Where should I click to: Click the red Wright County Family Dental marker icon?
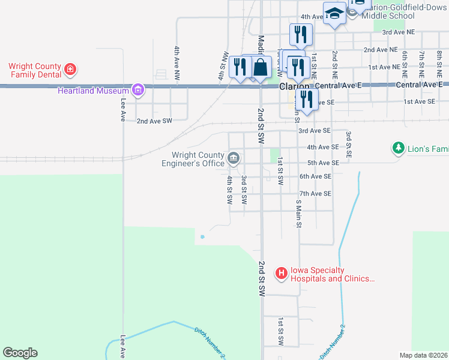click(x=70, y=69)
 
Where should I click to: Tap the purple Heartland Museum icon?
click(x=138, y=91)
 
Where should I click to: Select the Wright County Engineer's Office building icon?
click(x=234, y=158)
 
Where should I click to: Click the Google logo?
click(x=20, y=353)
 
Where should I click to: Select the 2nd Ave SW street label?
click(x=154, y=121)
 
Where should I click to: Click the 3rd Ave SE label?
click(x=315, y=130)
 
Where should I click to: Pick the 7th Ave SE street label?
click(x=315, y=193)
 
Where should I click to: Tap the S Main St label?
click(x=298, y=214)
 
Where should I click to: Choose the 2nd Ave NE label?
click(x=381, y=50)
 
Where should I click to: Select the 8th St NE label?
click(x=439, y=62)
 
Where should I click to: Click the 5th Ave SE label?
click(x=315, y=163)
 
